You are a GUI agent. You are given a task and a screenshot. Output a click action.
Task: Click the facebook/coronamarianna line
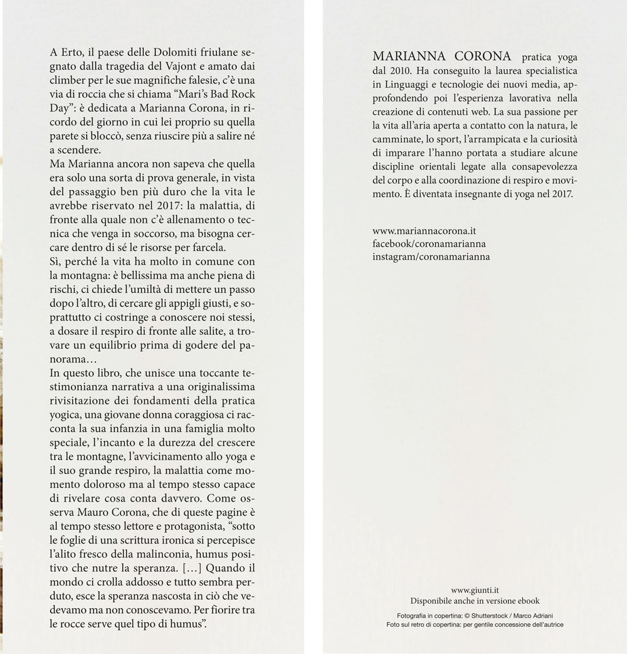(x=429, y=243)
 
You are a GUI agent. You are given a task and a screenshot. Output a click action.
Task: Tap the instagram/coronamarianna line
(x=431, y=256)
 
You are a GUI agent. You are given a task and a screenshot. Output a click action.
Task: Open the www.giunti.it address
(x=475, y=590)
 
